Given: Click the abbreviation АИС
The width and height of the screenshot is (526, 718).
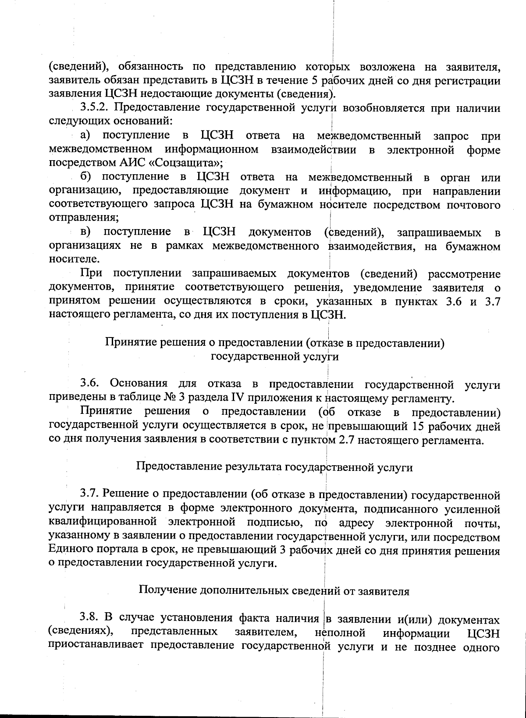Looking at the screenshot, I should [133, 163].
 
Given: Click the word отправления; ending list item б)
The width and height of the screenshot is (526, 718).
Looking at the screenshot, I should [84, 217].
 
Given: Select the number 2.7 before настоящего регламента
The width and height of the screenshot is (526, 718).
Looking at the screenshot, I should [348, 440].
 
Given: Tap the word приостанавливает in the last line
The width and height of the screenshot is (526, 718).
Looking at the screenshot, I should [96, 647].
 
